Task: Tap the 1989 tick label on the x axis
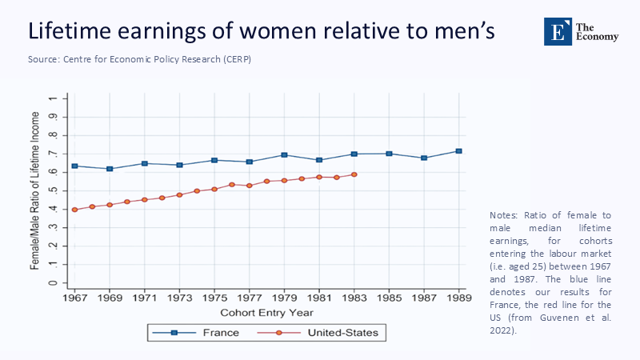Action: click(x=458, y=297)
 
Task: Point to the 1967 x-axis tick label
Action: click(x=74, y=297)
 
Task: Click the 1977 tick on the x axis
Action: click(x=249, y=297)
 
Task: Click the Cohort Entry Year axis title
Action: click(x=266, y=312)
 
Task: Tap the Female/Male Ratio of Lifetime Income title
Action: click(x=36, y=190)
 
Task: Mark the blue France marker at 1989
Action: click(x=458, y=151)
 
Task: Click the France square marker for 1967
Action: click(x=74, y=166)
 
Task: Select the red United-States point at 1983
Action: click(x=354, y=174)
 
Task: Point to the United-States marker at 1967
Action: click(x=74, y=210)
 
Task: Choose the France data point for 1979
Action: click(x=284, y=155)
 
